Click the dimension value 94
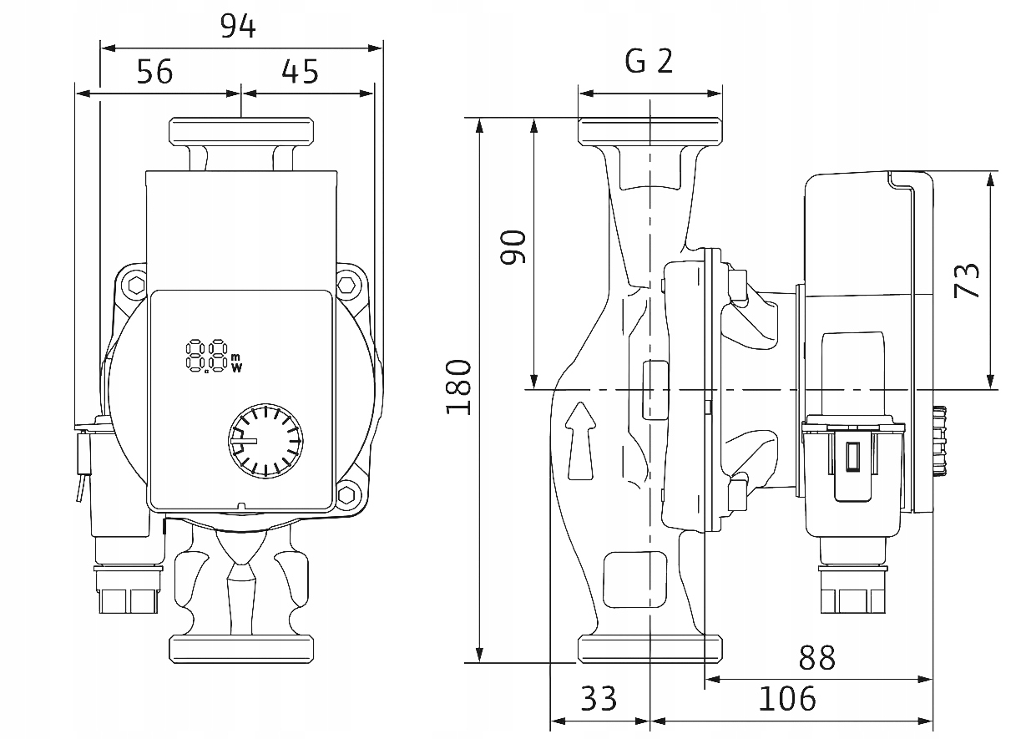[238, 27]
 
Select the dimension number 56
[154, 73]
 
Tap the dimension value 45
[300, 73]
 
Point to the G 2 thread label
[649, 61]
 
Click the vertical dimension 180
[459, 387]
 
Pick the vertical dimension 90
[513, 246]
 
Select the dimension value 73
[966, 281]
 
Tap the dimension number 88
[816, 659]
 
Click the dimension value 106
[786, 698]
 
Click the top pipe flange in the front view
[242, 132]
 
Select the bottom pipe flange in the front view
[242, 649]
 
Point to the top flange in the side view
[650, 132]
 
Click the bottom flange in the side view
[650, 649]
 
